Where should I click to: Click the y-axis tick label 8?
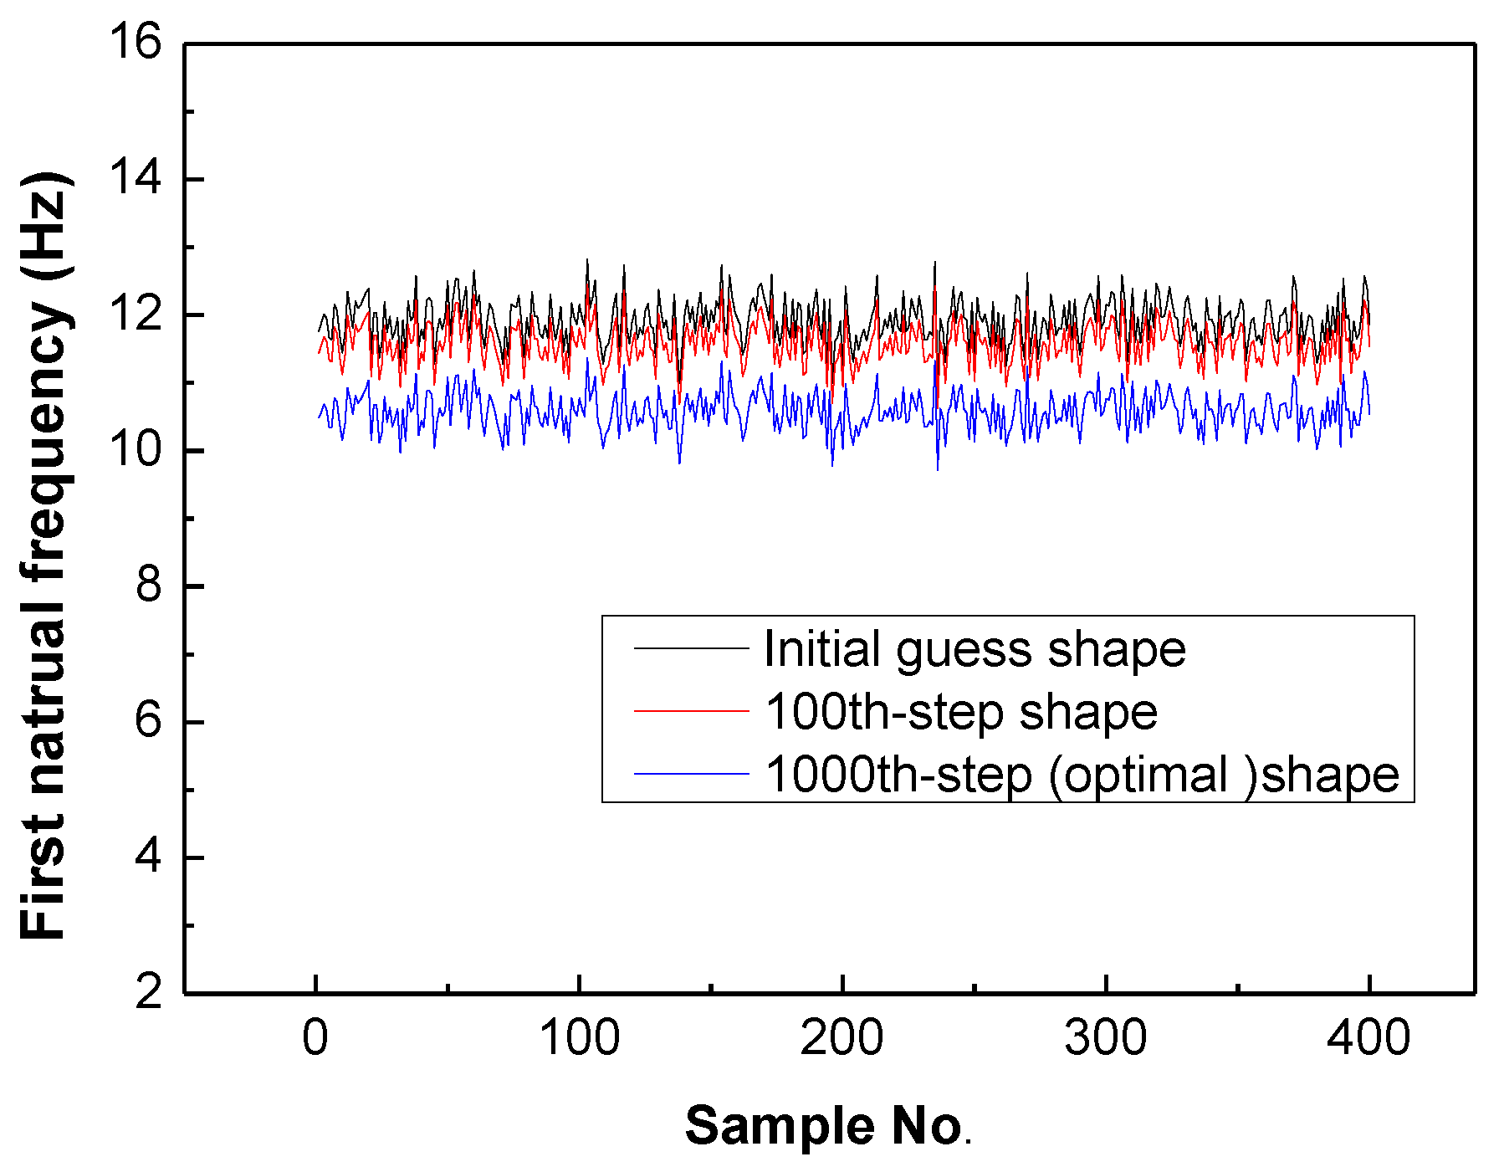click(x=148, y=586)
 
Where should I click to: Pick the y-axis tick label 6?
click(x=148, y=721)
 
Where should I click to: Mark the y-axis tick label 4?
click(x=148, y=857)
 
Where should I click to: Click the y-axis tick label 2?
click(x=148, y=993)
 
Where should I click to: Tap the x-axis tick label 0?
click(x=315, y=1038)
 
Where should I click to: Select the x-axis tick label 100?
click(x=579, y=1038)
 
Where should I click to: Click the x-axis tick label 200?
click(x=842, y=1038)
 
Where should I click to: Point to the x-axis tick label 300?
click(x=1105, y=1038)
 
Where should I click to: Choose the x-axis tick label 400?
click(x=1368, y=1038)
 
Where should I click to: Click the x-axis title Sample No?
click(x=827, y=1126)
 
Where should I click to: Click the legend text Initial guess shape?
click(x=975, y=650)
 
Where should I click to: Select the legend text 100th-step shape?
click(x=961, y=712)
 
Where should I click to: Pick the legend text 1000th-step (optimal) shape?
click(x=1082, y=775)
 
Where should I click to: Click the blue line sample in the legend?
click(x=691, y=774)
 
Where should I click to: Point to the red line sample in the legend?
click(x=691, y=711)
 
